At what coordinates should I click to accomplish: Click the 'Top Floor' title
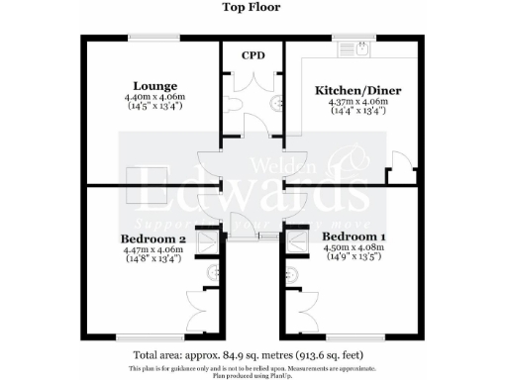(x=253, y=7)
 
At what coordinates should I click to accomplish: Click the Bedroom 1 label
(x=353, y=237)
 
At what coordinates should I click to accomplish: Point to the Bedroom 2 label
(x=153, y=239)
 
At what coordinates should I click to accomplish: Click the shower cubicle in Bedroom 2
(x=209, y=240)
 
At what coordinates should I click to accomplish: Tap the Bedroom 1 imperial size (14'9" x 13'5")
(x=353, y=259)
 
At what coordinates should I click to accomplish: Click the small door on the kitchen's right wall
(x=399, y=167)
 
